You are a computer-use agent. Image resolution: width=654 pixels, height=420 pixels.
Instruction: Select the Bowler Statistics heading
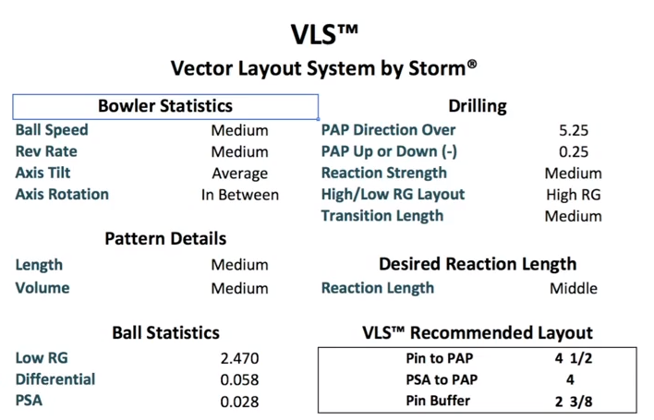(x=165, y=106)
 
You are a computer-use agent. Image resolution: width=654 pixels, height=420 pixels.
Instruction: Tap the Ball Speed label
(x=52, y=130)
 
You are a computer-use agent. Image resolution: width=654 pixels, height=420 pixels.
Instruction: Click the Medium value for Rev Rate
(x=239, y=151)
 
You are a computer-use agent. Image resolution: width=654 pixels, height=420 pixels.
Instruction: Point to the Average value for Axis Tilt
(x=239, y=174)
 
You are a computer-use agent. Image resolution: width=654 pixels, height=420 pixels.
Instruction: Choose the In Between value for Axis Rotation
(x=239, y=195)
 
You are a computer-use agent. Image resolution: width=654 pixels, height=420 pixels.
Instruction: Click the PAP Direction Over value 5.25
(x=573, y=130)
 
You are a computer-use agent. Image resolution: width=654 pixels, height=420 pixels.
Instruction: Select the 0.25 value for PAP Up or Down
(x=573, y=151)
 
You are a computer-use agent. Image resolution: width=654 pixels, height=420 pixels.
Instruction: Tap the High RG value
(x=573, y=195)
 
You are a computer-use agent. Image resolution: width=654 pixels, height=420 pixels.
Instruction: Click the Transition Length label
(x=381, y=216)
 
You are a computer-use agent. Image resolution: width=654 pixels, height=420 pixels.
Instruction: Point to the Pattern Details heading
(x=165, y=239)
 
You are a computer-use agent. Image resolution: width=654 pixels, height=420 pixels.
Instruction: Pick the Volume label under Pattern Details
(x=42, y=287)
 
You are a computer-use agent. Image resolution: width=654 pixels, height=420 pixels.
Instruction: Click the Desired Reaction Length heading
(x=478, y=264)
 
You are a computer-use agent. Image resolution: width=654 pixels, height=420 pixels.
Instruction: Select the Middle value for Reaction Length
(x=573, y=288)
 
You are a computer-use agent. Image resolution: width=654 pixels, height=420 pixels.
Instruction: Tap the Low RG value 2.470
(x=239, y=358)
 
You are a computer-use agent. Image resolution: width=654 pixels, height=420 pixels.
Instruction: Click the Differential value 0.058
(x=239, y=379)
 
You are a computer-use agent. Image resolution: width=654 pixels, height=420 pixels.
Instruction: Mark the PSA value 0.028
(x=239, y=402)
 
